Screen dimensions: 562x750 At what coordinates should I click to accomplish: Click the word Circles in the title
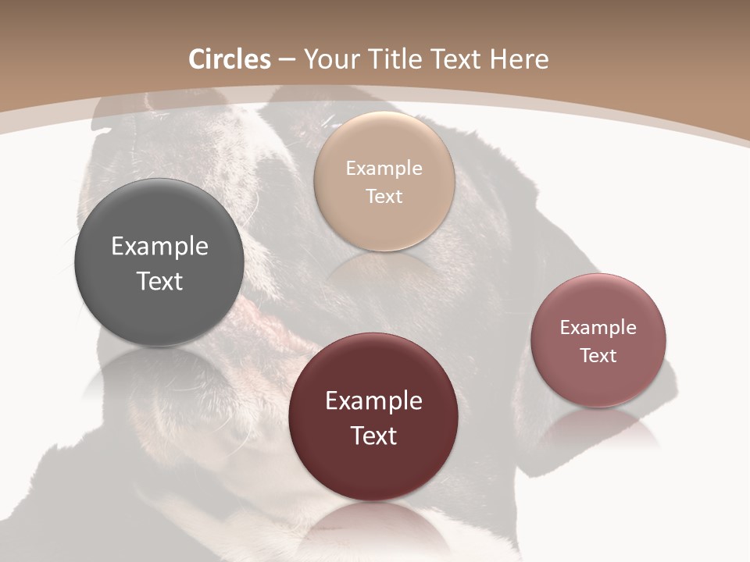click(230, 59)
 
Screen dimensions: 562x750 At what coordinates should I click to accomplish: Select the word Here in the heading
click(519, 59)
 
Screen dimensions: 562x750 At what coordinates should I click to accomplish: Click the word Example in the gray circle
click(159, 247)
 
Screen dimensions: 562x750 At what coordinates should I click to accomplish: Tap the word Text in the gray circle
click(159, 281)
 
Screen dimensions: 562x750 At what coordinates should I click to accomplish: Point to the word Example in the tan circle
click(384, 169)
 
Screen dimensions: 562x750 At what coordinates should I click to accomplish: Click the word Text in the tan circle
click(384, 196)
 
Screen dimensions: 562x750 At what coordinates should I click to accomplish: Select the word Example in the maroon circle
click(373, 401)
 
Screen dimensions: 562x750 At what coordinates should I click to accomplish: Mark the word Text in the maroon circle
click(373, 436)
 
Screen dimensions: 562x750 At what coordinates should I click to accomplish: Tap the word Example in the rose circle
click(598, 328)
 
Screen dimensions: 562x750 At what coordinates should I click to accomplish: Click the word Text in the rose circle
click(598, 355)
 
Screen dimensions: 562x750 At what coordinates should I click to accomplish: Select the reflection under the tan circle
click(384, 269)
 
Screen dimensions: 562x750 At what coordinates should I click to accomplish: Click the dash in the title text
click(287, 60)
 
